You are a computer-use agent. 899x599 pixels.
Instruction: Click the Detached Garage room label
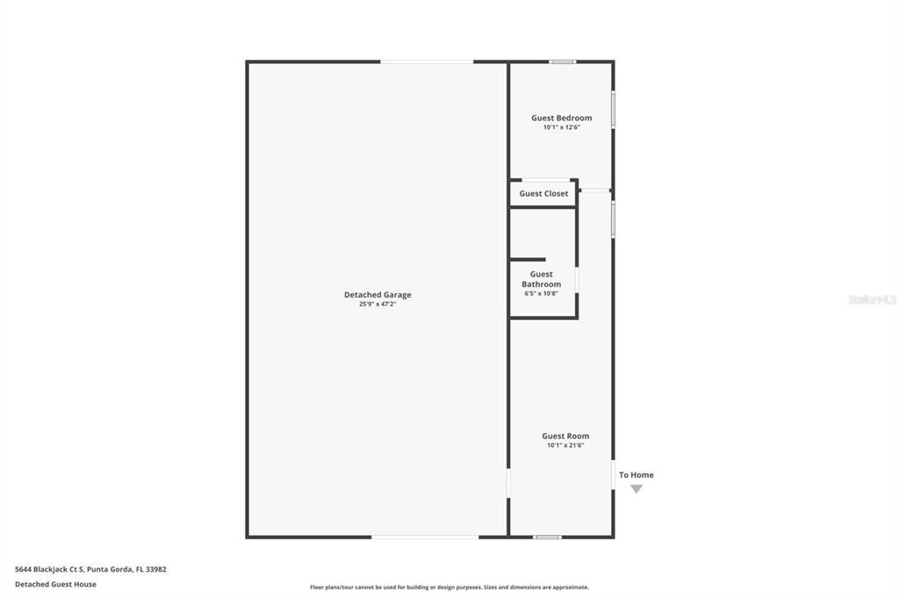[x=378, y=295]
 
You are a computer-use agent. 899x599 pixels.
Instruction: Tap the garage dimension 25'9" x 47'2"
[x=378, y=305]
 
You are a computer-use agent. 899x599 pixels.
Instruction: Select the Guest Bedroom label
[x=561, y=118]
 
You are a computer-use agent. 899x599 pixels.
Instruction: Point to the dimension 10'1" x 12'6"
[x=561, y=127]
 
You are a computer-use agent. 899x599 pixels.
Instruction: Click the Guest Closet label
[x=543, y=193]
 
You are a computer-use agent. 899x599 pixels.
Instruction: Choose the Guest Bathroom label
[x=541, y=279]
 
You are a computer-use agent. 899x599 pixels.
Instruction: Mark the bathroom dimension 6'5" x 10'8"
[x=541, y=293]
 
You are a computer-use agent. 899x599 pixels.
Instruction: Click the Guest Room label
[x=565, y=436]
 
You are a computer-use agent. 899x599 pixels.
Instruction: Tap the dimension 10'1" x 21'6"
[x=565, y=445]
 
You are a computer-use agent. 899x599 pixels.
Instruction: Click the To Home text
[x=636, y=475]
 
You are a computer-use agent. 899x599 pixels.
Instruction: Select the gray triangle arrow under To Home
[x=636, y=489]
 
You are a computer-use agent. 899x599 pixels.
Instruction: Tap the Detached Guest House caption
[x=55, y=584]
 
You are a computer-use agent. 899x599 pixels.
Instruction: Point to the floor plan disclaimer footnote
[x=449, y=588]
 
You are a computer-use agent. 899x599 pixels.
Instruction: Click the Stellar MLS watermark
[x=872, y=299]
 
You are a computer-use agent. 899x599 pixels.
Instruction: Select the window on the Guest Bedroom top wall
[x=562, y=61]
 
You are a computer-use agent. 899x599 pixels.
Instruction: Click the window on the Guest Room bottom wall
[x=547, y=537]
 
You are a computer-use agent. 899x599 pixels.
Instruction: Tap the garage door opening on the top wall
[x=427, y=61]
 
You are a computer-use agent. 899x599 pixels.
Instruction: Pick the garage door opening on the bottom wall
[x=425, y=537]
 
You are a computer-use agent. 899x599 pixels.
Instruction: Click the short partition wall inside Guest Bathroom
[x=529, y=259]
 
